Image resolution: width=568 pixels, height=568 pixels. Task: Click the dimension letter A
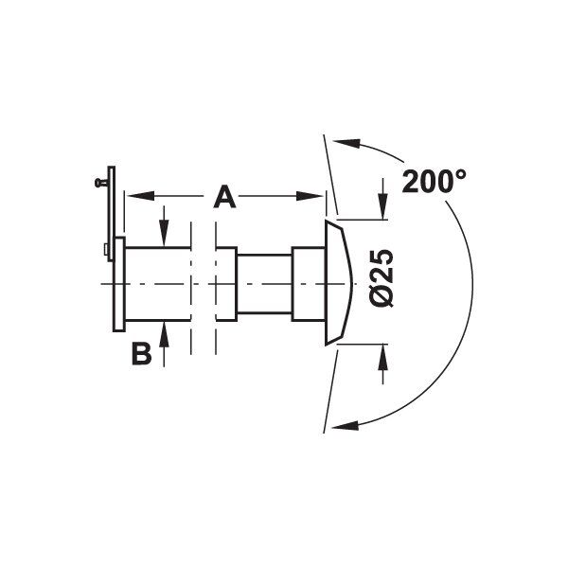point(224,197)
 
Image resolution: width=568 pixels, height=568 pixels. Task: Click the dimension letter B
point(141,354)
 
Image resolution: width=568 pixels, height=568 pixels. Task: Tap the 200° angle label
point(434,181)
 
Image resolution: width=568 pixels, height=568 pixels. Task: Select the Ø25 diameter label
point(382,277)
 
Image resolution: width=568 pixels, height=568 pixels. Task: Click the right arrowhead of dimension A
point(310,196)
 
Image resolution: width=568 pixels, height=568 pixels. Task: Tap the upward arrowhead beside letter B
point(164,335)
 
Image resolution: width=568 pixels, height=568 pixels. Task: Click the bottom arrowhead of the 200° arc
point(346,425)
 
